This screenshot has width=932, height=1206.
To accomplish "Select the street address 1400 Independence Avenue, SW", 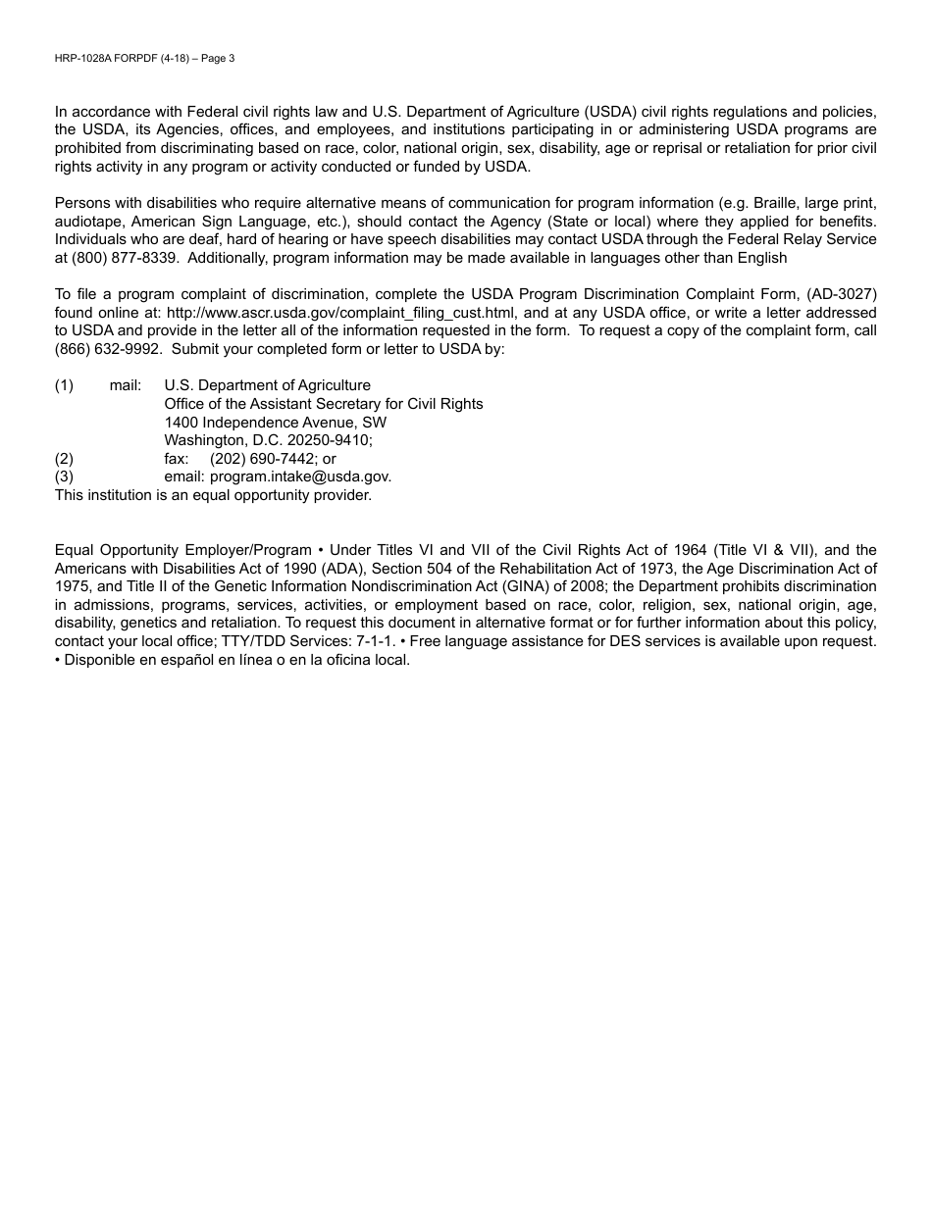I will pos(275,423).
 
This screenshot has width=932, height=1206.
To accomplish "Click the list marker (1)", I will pos(64,385).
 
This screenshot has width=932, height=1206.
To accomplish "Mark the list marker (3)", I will pos(64,477).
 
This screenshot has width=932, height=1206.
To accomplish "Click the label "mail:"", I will pos(126,385).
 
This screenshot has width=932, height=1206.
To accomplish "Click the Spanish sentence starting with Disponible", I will pos(236,660).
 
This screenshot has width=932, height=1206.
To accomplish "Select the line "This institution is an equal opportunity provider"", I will pos(213,495).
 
